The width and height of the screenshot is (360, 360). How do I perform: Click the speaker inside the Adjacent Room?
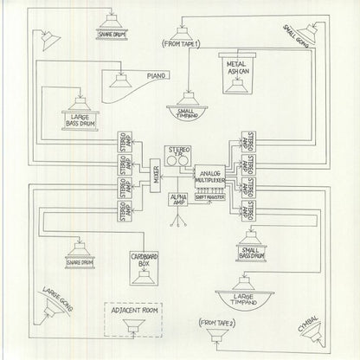tap(133, 328)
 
